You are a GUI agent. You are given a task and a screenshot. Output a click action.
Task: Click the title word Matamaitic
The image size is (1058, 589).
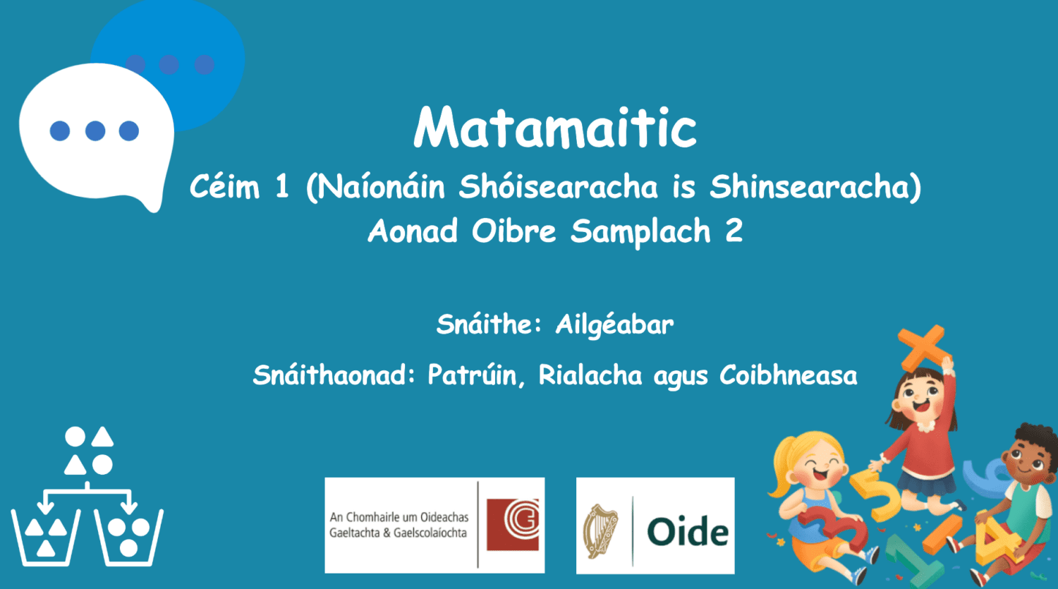(x=555, y=128)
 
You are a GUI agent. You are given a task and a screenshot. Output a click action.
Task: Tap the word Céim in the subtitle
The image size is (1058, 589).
(x=224, y=188)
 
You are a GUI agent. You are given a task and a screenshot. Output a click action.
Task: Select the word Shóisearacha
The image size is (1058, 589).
(x=558, y=188)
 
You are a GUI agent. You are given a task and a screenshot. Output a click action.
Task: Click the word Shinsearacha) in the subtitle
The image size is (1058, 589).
(x=815, y=188)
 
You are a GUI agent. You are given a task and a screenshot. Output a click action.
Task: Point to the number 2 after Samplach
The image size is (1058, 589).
(x=734, y=231)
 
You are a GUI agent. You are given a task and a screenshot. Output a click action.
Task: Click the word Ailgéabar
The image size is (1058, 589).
(x=614, y=325)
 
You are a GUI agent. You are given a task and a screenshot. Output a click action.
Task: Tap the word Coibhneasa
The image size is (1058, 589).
(x=788, y=375)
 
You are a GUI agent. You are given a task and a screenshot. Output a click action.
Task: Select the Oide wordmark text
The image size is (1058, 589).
(x=688, y=531)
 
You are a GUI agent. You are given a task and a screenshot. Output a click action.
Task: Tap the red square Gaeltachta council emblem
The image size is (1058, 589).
(x=513, y=524)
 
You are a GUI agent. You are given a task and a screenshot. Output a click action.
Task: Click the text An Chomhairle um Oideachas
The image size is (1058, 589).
(x=399, y=517)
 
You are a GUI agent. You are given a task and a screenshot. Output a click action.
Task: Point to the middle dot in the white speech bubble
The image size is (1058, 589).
(x=95, y=131)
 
